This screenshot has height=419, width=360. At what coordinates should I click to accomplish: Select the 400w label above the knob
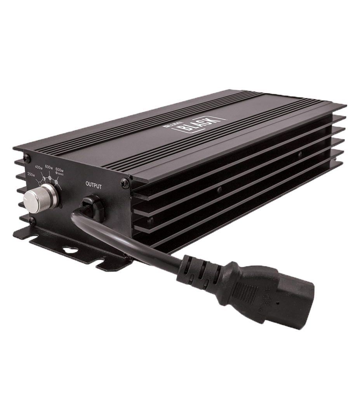38,167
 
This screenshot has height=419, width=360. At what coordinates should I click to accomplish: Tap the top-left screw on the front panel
26,158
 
